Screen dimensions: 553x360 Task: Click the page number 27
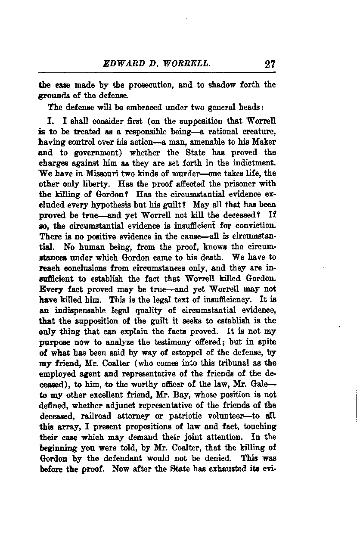pos(270,65)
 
